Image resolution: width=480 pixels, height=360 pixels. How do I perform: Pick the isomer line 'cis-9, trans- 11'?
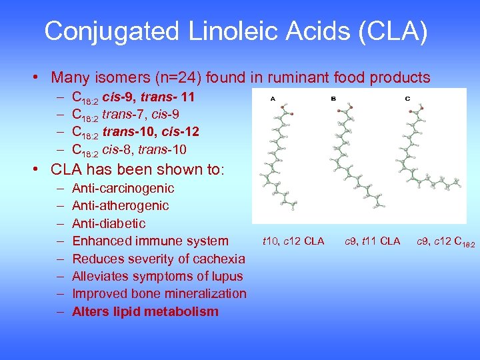(148, 97)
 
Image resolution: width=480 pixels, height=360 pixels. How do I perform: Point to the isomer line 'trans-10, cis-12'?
(151, 131)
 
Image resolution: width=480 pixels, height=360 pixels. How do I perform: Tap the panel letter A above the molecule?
(272, 98)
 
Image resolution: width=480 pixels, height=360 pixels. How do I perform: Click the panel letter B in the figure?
(333, 98)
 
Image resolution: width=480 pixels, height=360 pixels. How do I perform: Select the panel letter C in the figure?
(407, 98)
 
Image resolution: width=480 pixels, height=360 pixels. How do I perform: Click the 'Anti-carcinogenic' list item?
(123, 189)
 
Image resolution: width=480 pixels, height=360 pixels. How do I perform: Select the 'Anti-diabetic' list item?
(109, 223)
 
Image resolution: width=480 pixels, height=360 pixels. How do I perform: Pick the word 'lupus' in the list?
(227, 276)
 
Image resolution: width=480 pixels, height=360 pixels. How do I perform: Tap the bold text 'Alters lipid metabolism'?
(145, 311)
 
